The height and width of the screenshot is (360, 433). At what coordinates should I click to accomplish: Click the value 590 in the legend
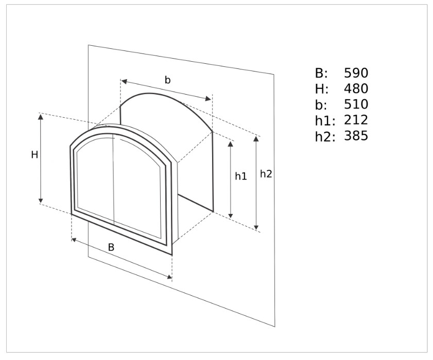pyautogui.click(x=356, y=73)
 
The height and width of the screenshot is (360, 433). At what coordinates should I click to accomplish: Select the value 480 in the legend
pyautogui.click(x=356, y=89)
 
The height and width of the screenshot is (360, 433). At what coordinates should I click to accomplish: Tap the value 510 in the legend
pyautogui.click(x=356, y=104)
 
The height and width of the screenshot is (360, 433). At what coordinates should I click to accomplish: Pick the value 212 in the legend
pyautogui.click(x=356, y=120)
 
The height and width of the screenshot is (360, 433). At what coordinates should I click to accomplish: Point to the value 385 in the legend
pyautogui.click(x=356, y=136)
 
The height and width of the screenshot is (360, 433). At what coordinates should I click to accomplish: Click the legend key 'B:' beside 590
pyautogui.click(x=321, y=74)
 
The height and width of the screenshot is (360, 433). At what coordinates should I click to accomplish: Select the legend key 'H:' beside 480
pyautogui.click(x=322, y=89)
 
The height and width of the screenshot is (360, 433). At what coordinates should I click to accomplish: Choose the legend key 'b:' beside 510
pyautogui.click(x=321, y=105)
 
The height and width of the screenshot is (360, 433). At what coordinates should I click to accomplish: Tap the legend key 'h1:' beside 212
pyautogui.click(x=325, y=120)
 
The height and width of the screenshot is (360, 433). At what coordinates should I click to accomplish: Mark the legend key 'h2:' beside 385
pyautogui.click(x=325, y=136)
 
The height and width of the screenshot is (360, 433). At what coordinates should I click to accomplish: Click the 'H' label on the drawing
pyautogui.click(x=34, y=155)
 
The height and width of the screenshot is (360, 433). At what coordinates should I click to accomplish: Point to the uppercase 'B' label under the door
pyautogui.click(x=111, y=247)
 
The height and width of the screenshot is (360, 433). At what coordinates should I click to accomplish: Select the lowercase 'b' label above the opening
pyautogui.click(x=168, y=80)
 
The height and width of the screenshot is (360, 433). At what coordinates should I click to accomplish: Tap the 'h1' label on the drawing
pyautogui.click(x=241, y=176)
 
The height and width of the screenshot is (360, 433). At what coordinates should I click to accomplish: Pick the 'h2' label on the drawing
pyautogui.click(x=266, y=174)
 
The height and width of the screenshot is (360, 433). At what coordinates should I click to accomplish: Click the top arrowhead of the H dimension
pyautogui.click(x=41, y=116)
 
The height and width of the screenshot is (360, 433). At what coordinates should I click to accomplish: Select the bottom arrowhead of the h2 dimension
pyautogui.click(x=256, y=227)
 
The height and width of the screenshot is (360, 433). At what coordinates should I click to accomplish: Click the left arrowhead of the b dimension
pyautogui.click(x=124, y=81)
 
